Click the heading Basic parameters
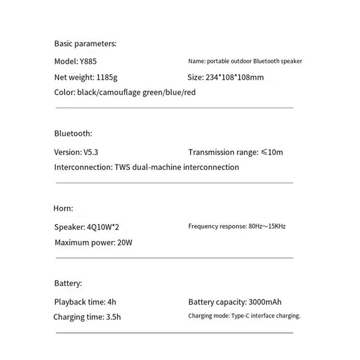click(85, 44)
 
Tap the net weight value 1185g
click(107, 77)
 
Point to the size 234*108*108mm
click(235, 77)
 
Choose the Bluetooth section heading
click(73, 133)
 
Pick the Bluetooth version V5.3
click(89, 152)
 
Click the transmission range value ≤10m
click(272, 152)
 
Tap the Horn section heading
click(63, 208)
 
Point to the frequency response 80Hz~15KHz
click(267, 226)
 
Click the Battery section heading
click(68, 283)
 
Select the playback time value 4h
click(112, 302)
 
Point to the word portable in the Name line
click(217, 61)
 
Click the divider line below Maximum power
click(174, 258)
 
